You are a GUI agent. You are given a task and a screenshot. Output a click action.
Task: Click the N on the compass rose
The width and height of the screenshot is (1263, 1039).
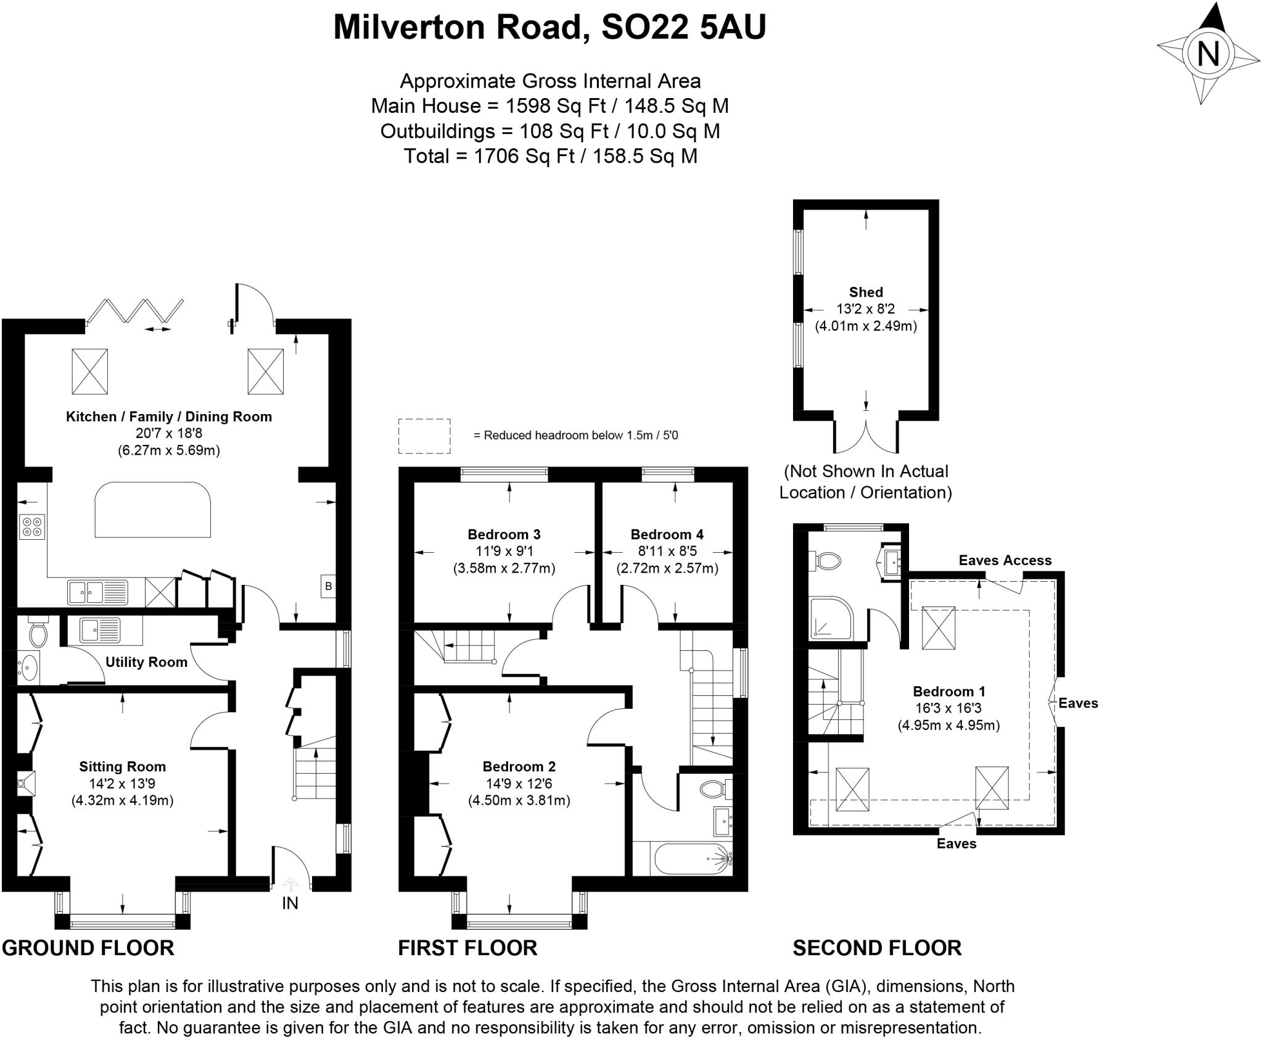(x=1207, y=54)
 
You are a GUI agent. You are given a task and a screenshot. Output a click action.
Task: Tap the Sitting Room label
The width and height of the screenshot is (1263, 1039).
(x=122, y=766)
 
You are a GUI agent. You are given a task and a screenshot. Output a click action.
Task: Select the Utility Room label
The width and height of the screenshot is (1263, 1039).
(x=146, y=662)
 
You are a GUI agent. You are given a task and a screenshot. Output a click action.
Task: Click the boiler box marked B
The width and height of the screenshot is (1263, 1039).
(x=328, y=586)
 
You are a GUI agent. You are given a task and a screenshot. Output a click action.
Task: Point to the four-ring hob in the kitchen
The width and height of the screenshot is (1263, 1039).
(x=32, y=526)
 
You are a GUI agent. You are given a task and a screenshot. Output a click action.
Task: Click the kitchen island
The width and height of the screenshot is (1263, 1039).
(x=153, y=509)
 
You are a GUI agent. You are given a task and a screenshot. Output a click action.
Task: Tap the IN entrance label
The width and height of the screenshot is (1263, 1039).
(x=290, y=903)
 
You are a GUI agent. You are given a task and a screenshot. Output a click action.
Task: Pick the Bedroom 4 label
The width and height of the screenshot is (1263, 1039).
(x=667, y=534)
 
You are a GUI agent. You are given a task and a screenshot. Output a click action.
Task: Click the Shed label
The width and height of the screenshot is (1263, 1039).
(x=866, y=292)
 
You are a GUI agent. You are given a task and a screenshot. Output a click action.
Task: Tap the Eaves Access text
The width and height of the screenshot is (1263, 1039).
(x=1005, y=560)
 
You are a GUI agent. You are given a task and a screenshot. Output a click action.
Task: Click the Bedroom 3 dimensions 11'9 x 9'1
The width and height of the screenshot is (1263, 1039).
(x=504, y=551)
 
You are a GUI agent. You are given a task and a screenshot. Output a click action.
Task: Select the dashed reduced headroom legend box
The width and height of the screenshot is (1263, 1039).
(x=424, y=436)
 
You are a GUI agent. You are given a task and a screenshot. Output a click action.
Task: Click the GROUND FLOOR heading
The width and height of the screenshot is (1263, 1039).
(x=88, y=948)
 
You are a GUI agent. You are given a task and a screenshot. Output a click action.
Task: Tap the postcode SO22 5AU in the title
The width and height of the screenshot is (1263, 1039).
(x=683, y=27)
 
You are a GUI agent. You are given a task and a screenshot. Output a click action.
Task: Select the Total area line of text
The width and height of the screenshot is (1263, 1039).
(x=550, y=156)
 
